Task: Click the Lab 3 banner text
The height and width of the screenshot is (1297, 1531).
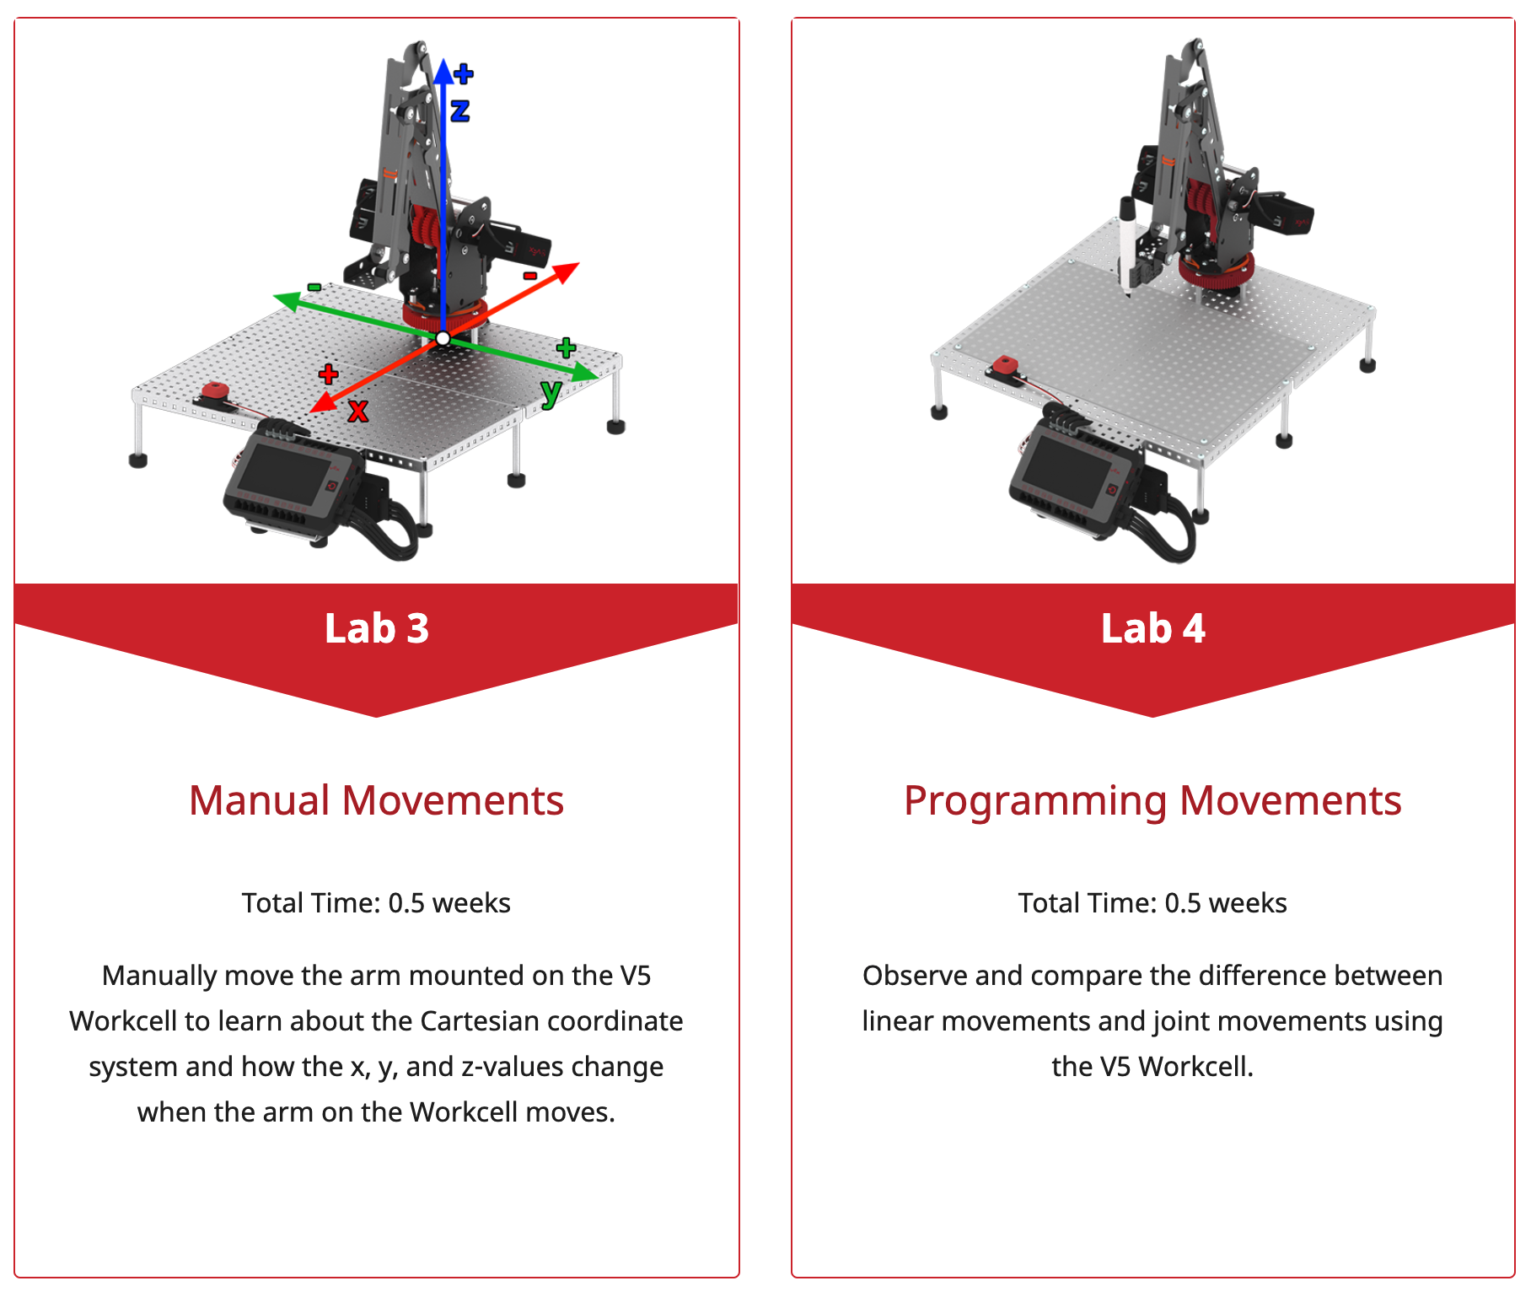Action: (376, 629)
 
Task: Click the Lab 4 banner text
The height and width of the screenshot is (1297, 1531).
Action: (1152, 629)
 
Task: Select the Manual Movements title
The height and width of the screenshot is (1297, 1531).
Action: (376, 800)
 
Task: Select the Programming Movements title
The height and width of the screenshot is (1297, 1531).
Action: (1152, 800)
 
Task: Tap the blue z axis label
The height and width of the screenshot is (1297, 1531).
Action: (459, 110)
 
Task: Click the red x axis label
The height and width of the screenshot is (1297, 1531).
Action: (358, 412)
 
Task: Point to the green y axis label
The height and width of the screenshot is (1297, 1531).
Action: (551, 392)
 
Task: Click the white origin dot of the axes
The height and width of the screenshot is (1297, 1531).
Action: (443, 339)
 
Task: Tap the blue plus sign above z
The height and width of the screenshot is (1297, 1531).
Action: (464, 74)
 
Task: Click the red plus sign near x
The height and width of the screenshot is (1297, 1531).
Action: (328, 374)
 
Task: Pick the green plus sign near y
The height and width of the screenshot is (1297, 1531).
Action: (566, 347)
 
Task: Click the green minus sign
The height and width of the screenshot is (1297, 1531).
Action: (314, 288)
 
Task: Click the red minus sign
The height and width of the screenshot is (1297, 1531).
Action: (530, 276)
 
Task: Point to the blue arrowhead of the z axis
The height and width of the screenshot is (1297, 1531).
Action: (443, 71)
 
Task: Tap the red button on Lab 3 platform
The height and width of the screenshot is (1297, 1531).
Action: (216, 390)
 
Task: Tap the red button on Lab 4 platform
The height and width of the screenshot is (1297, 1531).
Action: (1005, 365)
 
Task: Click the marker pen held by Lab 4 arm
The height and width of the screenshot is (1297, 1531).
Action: (1126, 245)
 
